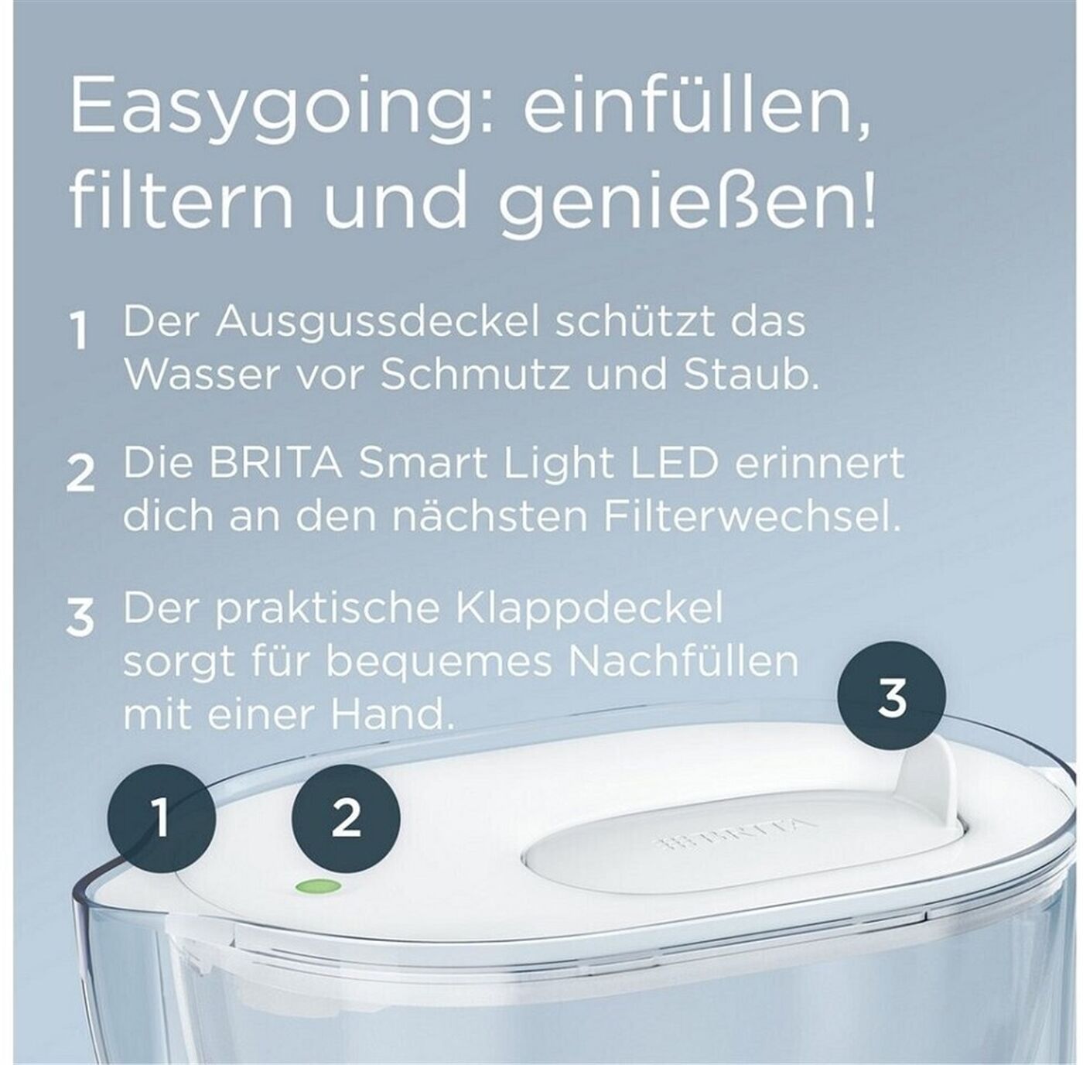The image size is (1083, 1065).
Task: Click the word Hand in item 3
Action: tap(392, 714)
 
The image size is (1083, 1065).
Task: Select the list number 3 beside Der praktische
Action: tap(80, 616)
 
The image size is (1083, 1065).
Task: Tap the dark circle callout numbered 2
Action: tap(347, 817)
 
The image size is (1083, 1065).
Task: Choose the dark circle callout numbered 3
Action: tap(892, 696)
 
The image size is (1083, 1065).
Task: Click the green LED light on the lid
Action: tap(318, 887)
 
